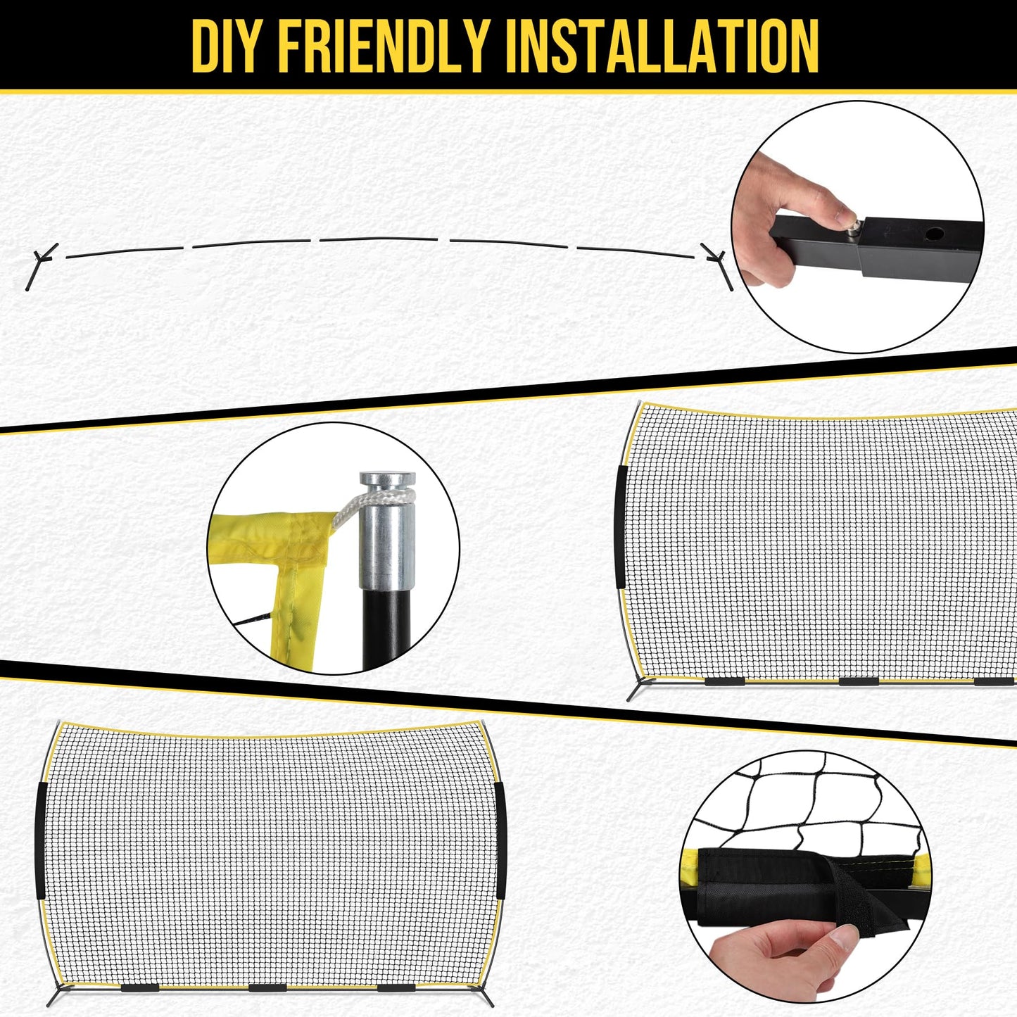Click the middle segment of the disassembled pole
pos(379,239)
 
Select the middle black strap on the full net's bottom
pos(267,973)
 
